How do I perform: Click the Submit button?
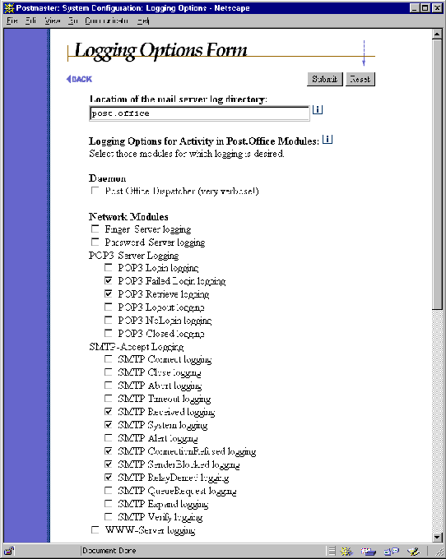click(325, 79)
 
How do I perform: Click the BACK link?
click(79, 79)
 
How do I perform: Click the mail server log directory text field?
click(199, 113)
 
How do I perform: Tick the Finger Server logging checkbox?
click(96, 229)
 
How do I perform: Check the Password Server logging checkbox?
click(96, 243)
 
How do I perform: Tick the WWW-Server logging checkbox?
click(96, 530)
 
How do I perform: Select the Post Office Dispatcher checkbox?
click(96, 192)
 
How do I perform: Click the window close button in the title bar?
click(436, 7)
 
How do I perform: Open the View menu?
click(53, 20)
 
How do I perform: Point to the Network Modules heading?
click(117, 217)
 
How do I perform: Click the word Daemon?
click(107, 178)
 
